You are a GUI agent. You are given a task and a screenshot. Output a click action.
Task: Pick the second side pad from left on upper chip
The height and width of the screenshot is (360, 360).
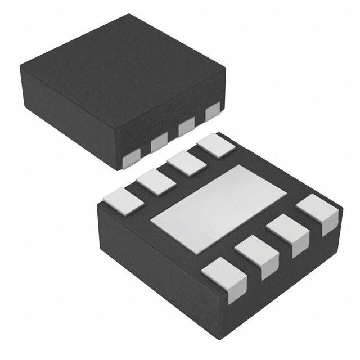tap(159, 143)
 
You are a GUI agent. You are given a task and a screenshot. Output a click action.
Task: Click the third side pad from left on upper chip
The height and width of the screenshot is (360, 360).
tap(186, 127)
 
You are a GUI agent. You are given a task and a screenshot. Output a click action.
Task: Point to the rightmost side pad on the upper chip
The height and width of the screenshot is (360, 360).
tap(212, 112)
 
